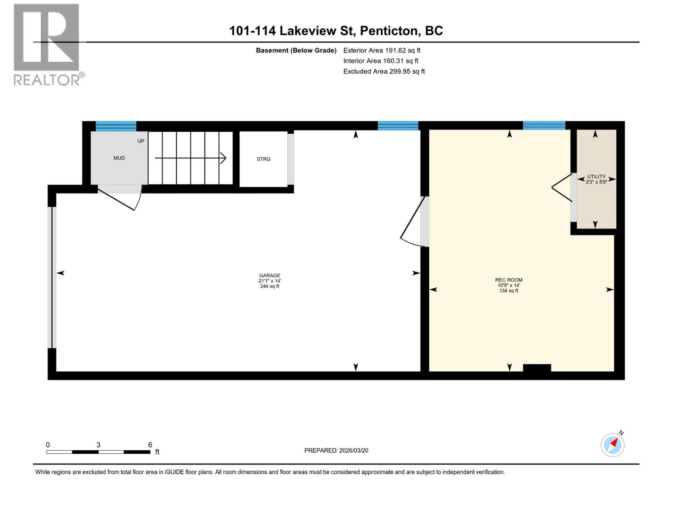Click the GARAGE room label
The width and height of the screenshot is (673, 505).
click(270, 276)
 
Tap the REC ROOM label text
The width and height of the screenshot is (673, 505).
click(509, 280)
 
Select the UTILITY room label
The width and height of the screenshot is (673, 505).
click(596, 177)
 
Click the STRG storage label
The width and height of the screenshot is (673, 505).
click(264, 159)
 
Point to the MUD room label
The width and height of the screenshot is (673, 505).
click(119, 158)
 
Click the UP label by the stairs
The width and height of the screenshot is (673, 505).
click(141, 141)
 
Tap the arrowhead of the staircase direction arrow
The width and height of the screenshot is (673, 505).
click(224, 158)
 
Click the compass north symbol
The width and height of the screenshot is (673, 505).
click(612, 444)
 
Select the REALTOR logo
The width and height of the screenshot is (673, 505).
click(47, 44)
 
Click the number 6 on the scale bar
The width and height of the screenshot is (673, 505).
click(150, 445)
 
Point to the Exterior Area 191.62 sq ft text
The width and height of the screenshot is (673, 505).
click(382, 50)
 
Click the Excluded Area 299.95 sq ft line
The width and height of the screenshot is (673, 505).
click(384, 72)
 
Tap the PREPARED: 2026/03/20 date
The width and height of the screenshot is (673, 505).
click(336, 450)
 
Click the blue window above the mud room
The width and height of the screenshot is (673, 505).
click(116, 126)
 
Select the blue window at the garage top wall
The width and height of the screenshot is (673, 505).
click(398, 125)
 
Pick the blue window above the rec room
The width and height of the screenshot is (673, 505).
click(544, 125)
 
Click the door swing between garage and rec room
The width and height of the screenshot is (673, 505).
click(412, 223)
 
